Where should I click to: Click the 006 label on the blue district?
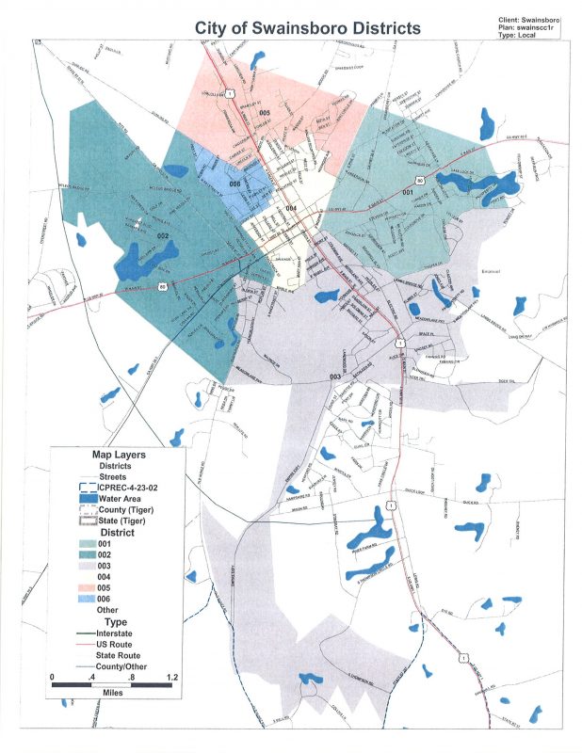pos(234,184)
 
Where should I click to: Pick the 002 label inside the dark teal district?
pos(162,235)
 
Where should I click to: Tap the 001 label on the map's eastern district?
pos(407,192)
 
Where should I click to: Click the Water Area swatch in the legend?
pos(88,499)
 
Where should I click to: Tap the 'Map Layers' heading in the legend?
pos(118,455)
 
